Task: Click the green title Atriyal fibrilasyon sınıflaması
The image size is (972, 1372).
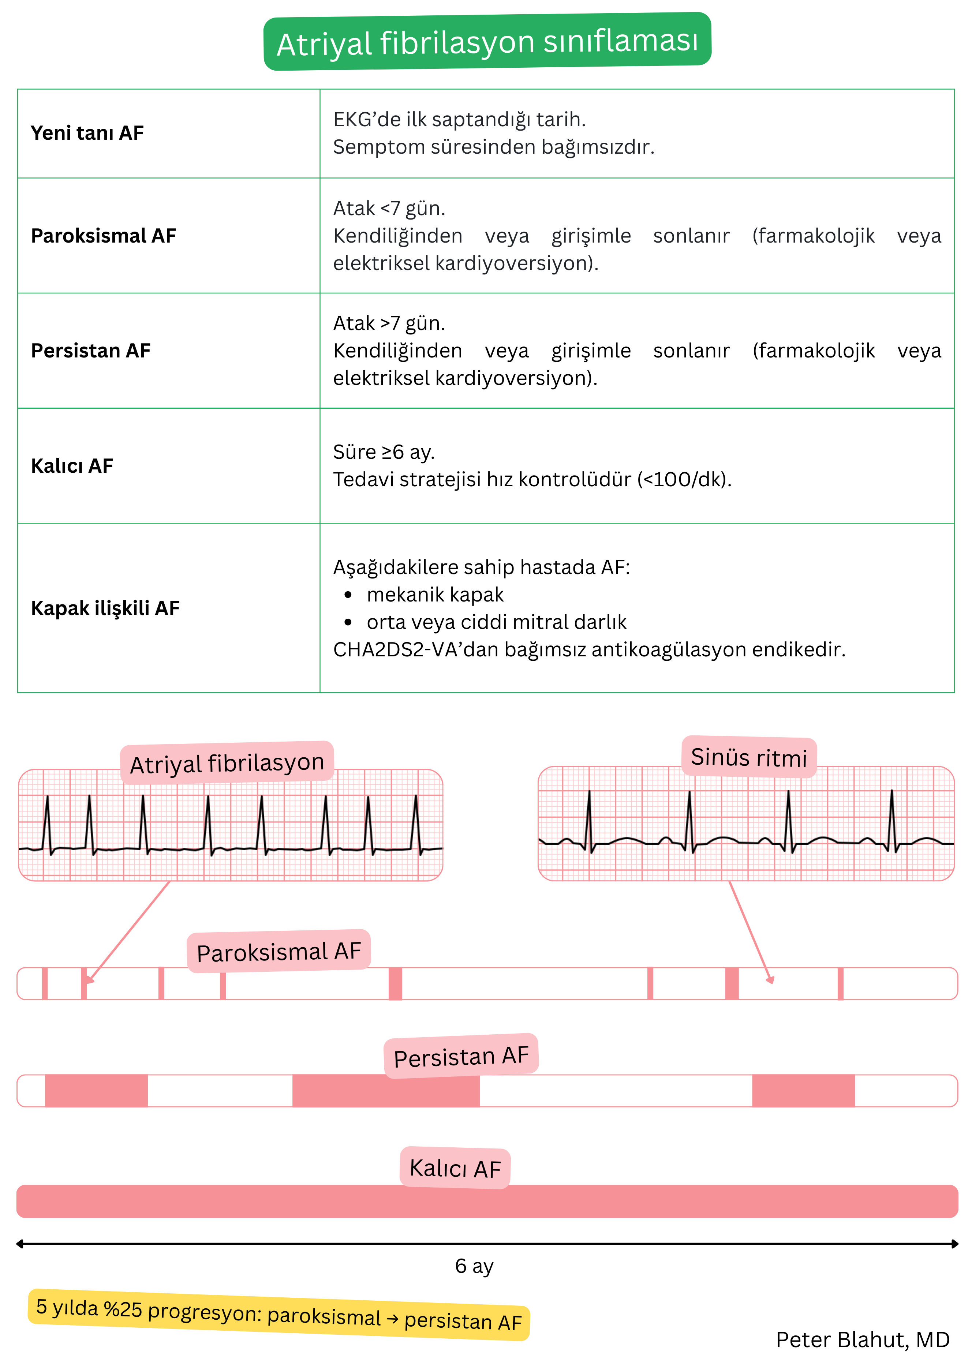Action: point(487,42)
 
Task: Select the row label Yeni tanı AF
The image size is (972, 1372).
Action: point(87,133)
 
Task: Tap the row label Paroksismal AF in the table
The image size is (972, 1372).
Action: point(104,236)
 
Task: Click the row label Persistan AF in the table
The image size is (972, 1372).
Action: point(90,351)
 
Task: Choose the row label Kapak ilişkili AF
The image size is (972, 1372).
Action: point(105,608)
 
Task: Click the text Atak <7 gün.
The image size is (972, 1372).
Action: point(389,208)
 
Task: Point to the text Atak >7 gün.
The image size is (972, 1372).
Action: point(389,323)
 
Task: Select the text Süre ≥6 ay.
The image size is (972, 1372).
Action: point(384,452)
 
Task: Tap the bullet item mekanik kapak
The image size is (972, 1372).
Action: point(435,595)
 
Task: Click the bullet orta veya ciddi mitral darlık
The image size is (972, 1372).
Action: point(496,622)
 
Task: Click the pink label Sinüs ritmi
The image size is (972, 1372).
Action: point(749,757)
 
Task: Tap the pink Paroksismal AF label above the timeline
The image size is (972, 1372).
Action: point(279,951)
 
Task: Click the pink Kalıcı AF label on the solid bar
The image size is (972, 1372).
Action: point(455,1168)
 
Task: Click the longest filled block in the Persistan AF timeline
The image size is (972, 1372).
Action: point(386,1091)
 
